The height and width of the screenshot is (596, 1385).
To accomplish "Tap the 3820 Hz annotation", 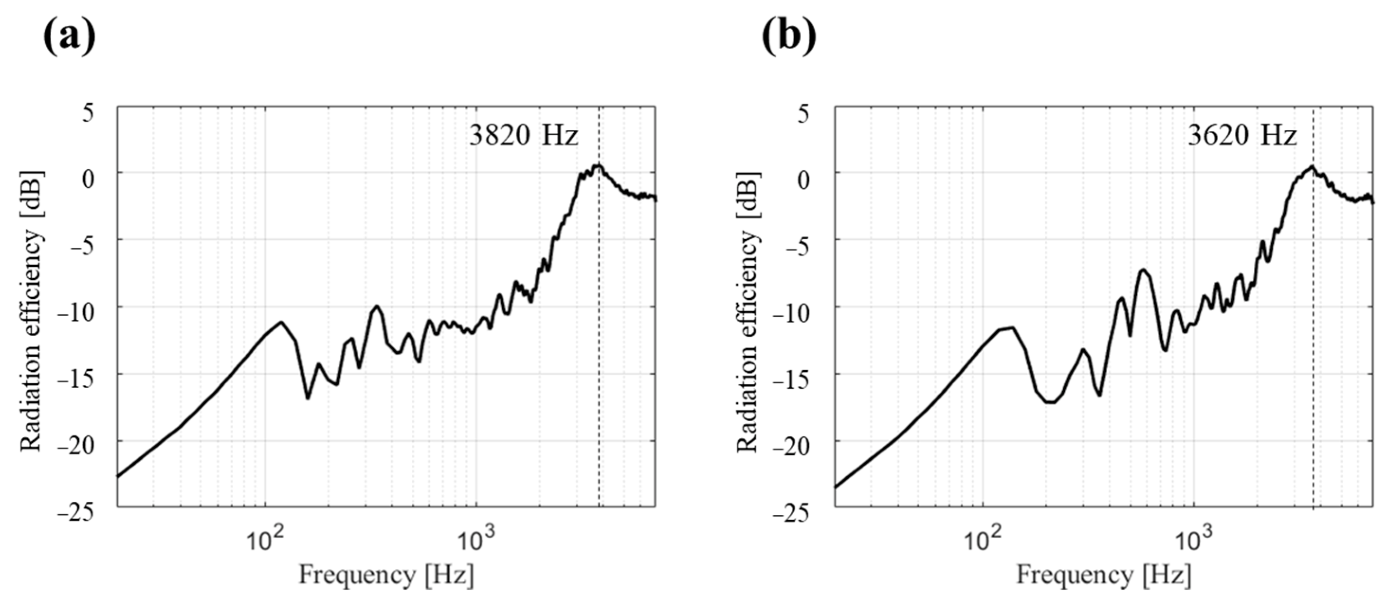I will (524, 136).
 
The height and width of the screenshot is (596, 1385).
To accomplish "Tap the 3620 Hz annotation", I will (1242, 136).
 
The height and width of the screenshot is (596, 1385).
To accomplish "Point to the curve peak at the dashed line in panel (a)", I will (598, 165).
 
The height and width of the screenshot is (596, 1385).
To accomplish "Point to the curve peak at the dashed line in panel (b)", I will (1313, 167).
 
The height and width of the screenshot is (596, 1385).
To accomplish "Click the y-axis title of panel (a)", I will (31, 311).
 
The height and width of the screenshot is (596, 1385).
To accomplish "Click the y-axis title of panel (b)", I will (747, 311).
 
